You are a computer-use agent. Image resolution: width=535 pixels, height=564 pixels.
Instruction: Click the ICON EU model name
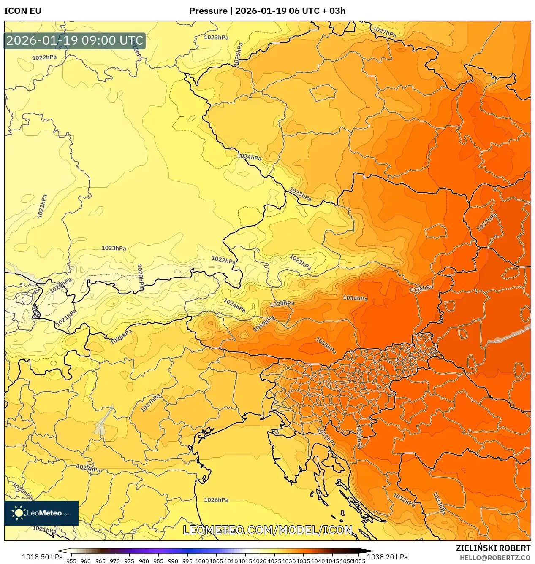23,11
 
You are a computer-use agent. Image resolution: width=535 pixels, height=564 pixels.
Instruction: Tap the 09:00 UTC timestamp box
75,41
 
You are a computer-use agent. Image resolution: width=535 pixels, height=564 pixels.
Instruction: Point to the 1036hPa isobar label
421,289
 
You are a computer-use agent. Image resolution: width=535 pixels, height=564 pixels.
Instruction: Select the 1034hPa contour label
355,298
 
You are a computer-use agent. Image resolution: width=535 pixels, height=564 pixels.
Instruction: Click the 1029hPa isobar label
282,304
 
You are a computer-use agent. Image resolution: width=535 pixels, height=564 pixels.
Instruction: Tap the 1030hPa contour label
264,324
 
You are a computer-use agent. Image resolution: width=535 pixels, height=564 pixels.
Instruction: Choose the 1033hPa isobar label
439,503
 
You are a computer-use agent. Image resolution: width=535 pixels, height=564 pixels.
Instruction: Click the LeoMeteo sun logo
19,513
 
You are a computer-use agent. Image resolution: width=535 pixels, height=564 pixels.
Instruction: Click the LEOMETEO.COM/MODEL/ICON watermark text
267,530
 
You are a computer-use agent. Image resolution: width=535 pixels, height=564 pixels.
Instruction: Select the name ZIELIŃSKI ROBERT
493,548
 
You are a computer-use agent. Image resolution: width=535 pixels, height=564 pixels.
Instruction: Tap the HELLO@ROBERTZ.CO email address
495,558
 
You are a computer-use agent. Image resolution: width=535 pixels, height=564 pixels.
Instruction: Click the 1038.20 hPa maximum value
387,557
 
